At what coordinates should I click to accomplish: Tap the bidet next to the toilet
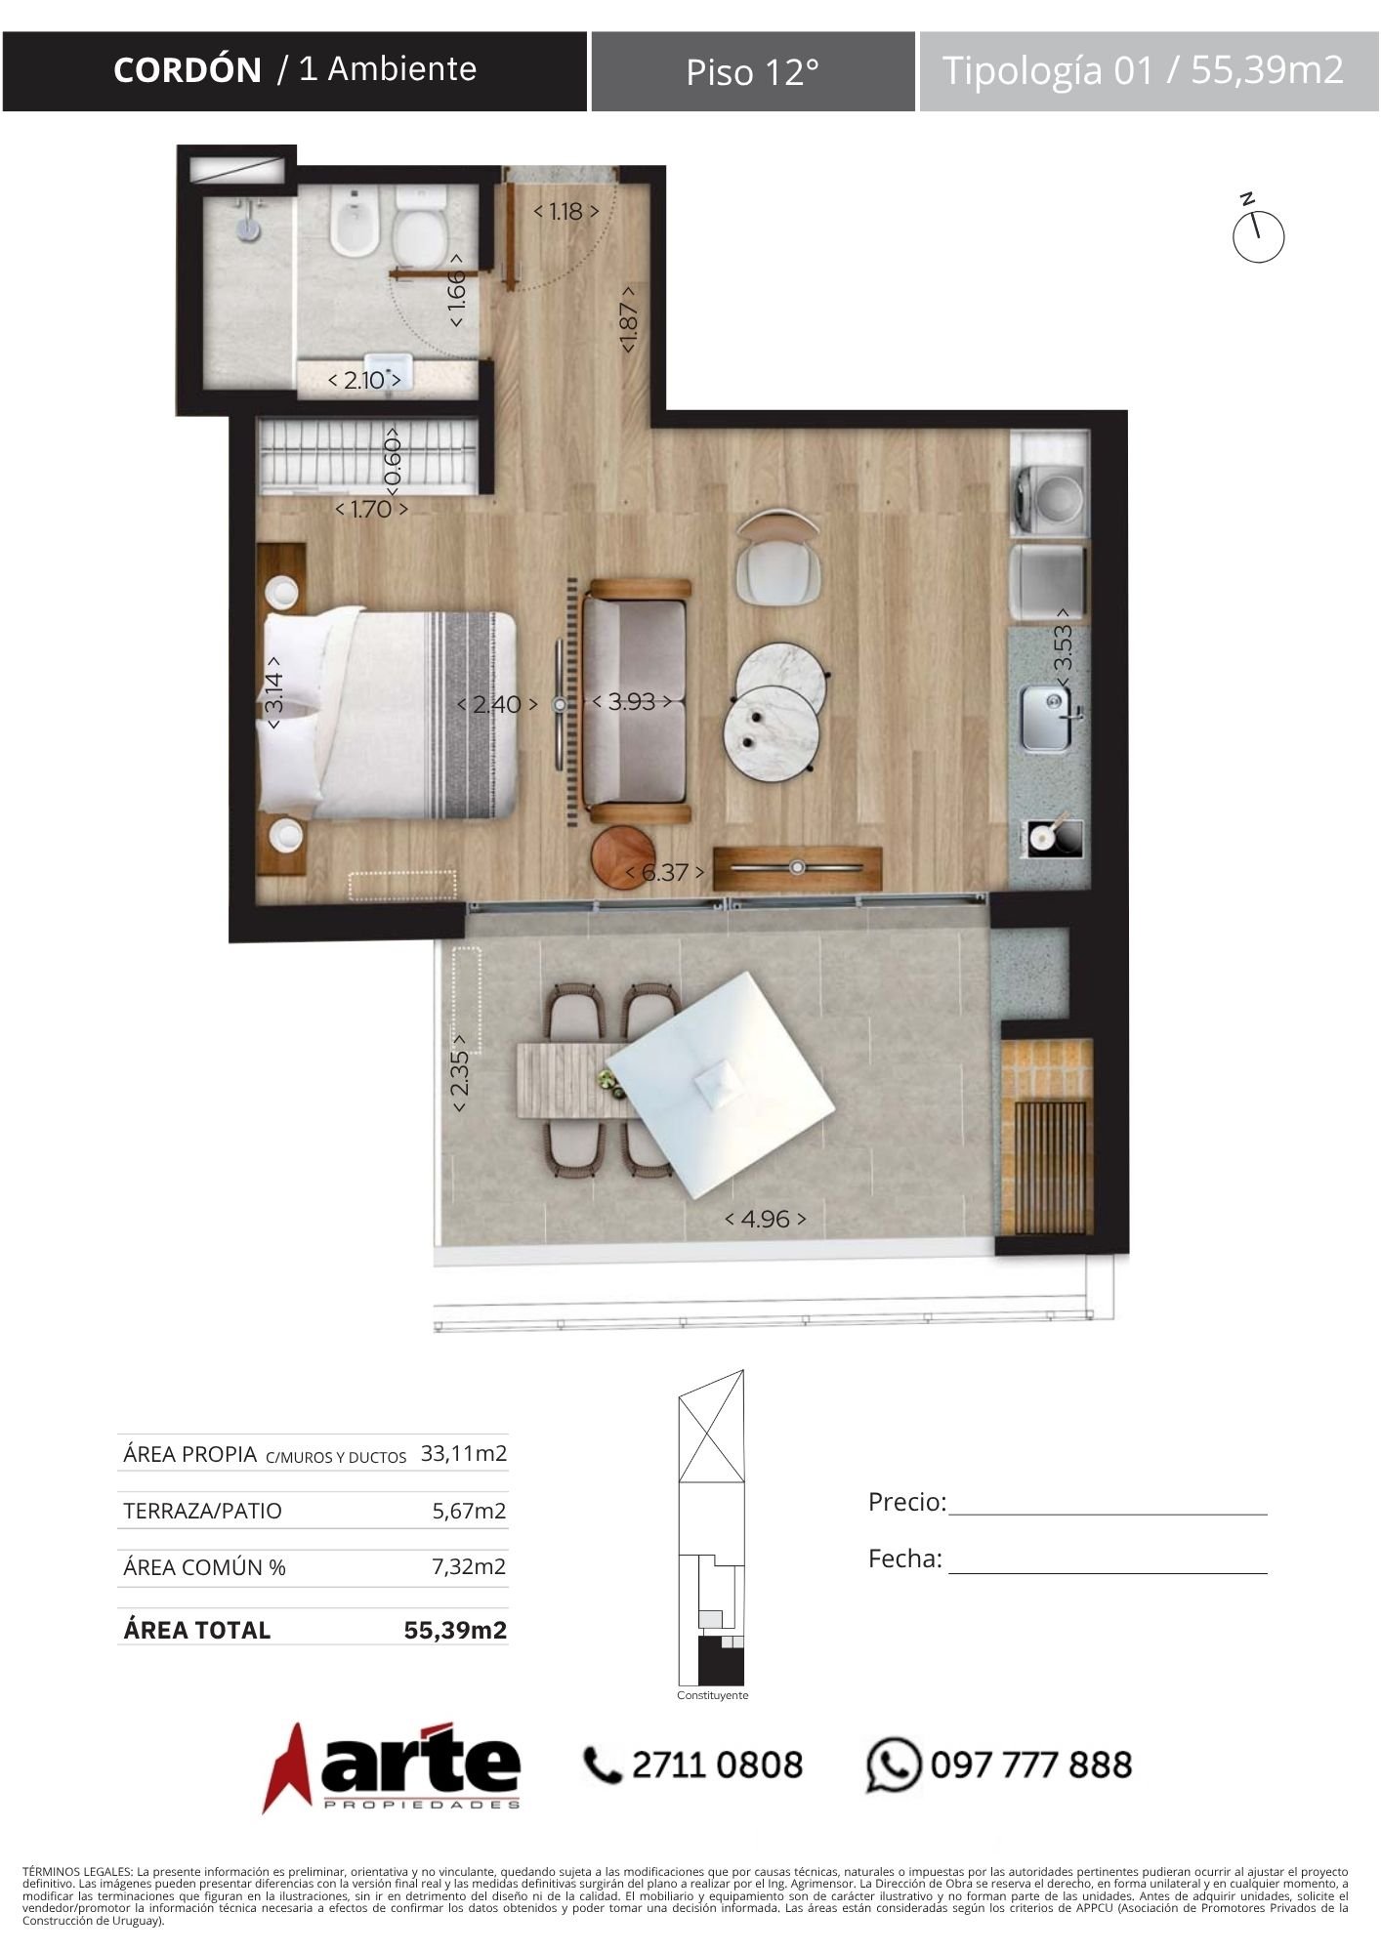point(349,221)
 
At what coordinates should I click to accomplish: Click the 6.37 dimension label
point(665,872)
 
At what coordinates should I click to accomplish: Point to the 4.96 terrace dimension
point(766,1219)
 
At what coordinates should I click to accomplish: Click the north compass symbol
point(1258,234)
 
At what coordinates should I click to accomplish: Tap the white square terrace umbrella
point(720,1085)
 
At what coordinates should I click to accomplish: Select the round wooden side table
point(620,856)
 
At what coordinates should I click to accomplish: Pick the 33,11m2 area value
point(464,1453)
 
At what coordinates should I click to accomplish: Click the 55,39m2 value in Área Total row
point(456,1630)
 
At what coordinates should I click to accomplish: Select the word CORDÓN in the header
point(188,70)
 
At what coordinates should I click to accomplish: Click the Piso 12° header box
point(753,71)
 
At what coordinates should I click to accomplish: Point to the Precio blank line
point(1108,1514)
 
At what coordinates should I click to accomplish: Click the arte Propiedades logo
point(392,1767)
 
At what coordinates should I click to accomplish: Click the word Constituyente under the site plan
point(713,1695)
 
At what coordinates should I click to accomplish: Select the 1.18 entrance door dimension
point(565,211)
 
